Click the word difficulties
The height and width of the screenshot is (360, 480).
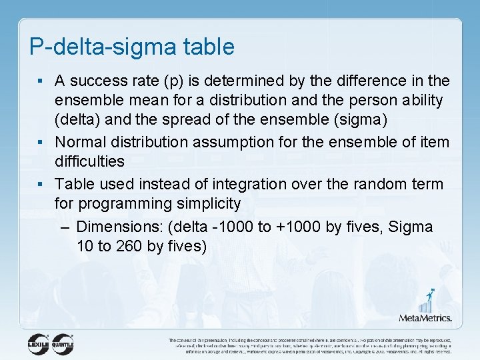pyautogui.click(x=89, y=162)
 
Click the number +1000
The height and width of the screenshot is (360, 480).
pyautogui.click(x=298, y=227)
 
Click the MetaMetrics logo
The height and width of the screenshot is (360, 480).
pyautogui.click(x=426, y=307)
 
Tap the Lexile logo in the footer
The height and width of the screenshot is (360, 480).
pyautogui.click(x=39, y=343)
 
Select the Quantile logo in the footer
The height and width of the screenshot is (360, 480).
pyautogui.click(x=63, y=343)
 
